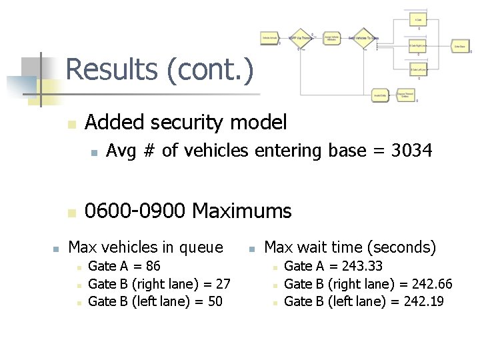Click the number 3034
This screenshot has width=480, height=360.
[x=411, y=151]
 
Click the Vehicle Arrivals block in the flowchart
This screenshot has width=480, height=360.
[x=270, y=39]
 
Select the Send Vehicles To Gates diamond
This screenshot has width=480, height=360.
[x=363, y=38]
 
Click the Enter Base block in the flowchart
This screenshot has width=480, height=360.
[x=459, y=46]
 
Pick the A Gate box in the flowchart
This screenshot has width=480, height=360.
[x=419, y=19]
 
